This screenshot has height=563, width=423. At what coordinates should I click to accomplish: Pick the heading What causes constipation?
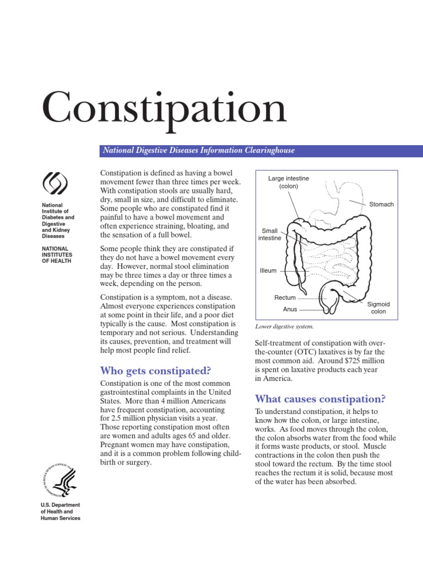pos(319,399)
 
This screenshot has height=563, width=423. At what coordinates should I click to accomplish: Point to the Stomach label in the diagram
pos(381,205)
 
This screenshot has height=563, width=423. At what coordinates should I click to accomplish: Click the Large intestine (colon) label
pos(289,183)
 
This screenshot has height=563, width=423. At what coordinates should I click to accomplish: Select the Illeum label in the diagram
pos(268,271)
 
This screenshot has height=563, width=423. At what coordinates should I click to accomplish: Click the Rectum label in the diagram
pos(285,297)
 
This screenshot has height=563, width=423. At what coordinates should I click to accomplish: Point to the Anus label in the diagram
pos(290,309)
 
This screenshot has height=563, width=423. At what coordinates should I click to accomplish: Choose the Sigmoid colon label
pos(378,308)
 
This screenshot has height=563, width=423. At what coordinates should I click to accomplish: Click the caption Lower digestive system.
pos(284,326)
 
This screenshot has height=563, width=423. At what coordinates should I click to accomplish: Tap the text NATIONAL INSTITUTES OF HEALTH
pos(58,255)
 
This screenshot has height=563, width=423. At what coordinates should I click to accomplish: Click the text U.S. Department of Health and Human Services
pos(61,511)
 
